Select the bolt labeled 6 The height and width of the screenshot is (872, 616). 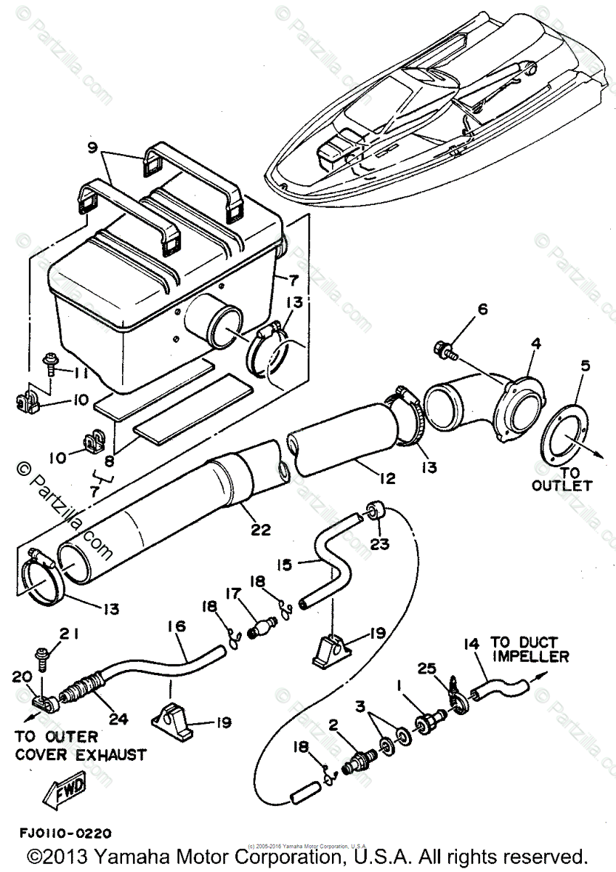tap(444, 350)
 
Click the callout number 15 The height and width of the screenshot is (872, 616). tap(285, 564)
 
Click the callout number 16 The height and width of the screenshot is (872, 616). tap(178, 626)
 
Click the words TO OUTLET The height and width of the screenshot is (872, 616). tap(562, 477)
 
